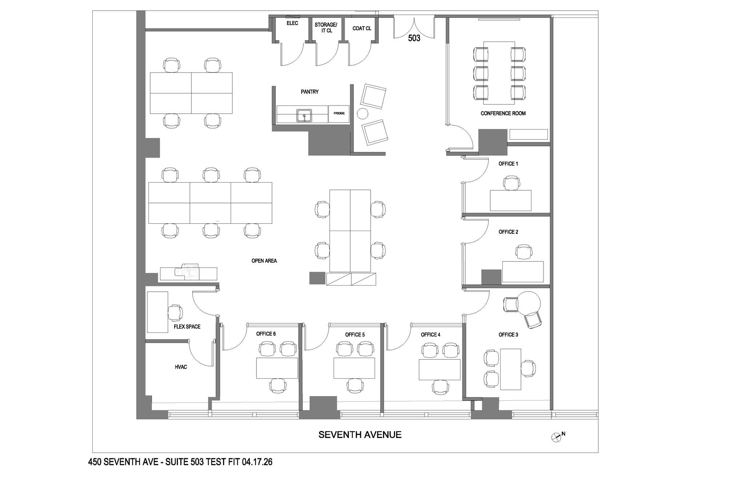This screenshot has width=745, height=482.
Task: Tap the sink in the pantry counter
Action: (304, 115)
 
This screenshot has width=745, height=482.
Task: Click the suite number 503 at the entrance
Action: (414, 38)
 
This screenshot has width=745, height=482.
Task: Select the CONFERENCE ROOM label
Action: (503, 113)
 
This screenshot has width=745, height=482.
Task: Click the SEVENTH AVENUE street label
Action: (360, 435)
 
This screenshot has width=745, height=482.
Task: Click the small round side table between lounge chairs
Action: (363, 113)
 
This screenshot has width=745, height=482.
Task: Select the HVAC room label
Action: (181, 367)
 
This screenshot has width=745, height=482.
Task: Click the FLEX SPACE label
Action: (187, 327)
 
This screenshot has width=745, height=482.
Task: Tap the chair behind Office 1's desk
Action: (511, 183)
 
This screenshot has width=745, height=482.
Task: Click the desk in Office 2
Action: (523, 272)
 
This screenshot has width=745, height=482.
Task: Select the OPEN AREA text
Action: (264, 261)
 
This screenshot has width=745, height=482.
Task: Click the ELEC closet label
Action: (292, 23)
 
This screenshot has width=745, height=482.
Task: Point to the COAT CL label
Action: (362, 28)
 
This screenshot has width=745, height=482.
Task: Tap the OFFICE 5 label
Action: (355, 335)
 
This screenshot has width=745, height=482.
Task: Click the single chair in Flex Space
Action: (175, 312)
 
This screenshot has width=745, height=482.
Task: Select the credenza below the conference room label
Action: (528, 134)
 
